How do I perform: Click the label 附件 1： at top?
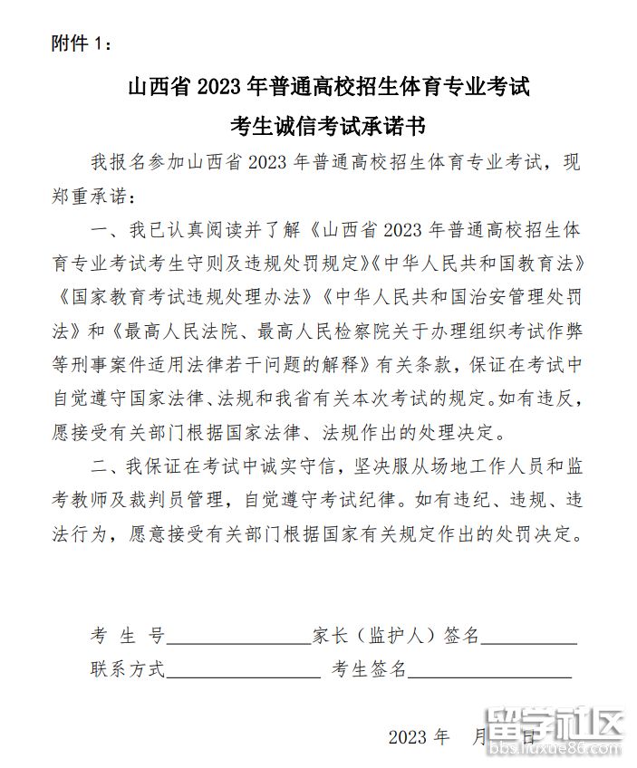[82, 43]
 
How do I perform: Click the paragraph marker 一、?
[103, 231]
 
